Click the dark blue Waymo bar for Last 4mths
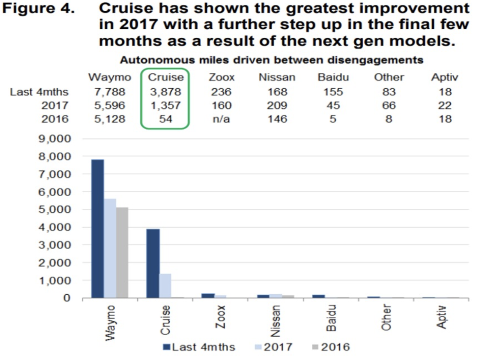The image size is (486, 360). (x=98, y=229)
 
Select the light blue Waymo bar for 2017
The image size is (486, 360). (x=110, y=248)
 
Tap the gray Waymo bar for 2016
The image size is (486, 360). (x=122, y=252)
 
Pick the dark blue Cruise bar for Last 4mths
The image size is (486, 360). (x=153, y=263)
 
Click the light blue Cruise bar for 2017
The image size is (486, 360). (x=165, y=286)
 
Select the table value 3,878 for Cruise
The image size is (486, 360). (x=165, y=92)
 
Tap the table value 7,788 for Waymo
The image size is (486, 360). (x=110, y=92)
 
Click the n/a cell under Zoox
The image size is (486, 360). (x=221, y=119)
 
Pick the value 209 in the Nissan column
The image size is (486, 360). (x=277, y=106)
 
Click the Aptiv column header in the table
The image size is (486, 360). (x=444, y=77)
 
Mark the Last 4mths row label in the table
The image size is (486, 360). (x=40, y=92)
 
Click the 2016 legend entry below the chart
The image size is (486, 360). (x=330, y=347)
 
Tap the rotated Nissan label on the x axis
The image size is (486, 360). (x=276, y=321)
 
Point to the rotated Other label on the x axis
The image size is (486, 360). (x=387, y=317)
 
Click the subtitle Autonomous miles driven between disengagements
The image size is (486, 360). (x=271, y=60)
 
